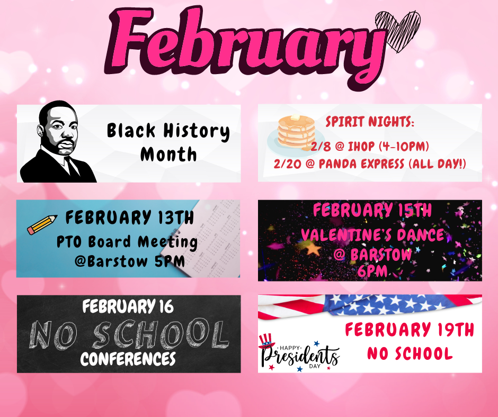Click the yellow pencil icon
[42, 225]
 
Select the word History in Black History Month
[196, 131]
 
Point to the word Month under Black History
[168, 155]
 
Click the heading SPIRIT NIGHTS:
[370, 122]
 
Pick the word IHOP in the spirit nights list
[361, 146]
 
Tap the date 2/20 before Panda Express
[287, 164]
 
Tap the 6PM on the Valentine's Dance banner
[372, 271]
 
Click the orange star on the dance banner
[313, 249]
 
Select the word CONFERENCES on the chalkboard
[128, 359]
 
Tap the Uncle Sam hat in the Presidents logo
[266, 341]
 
